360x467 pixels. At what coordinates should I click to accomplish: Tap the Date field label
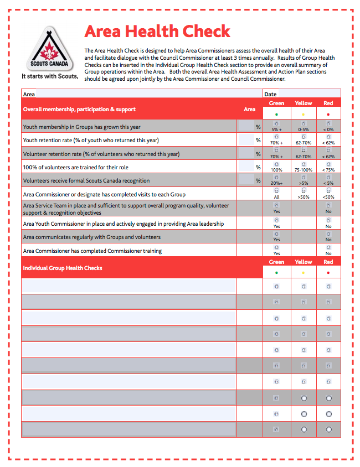click(270, 94)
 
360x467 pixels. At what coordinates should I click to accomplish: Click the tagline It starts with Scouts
click(49, 76)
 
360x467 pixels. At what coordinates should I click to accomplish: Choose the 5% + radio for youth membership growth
click(276, 123)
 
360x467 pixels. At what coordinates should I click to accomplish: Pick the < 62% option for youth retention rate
click(328, 137)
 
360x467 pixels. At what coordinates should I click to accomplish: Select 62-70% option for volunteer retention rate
click(303, 151)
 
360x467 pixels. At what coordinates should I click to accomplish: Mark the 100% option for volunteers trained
click(276, 164)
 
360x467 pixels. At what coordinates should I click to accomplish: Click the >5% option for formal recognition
click(303, 178)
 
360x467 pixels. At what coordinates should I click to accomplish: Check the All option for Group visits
click(276, 191)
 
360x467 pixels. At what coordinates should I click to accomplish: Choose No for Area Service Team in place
click(328, 205)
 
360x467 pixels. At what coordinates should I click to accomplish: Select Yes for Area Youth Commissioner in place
click(276, 220)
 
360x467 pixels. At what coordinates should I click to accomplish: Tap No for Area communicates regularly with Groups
click(328, 234)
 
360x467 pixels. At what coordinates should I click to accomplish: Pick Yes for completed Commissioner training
click(276, 247)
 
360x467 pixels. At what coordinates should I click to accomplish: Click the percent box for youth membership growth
click(246, 127)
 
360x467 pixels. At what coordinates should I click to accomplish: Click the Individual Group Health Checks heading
click(62, 268)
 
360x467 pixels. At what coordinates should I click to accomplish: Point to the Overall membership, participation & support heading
click(79, 110)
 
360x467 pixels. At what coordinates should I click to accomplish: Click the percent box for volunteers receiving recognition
click(246, 180)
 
